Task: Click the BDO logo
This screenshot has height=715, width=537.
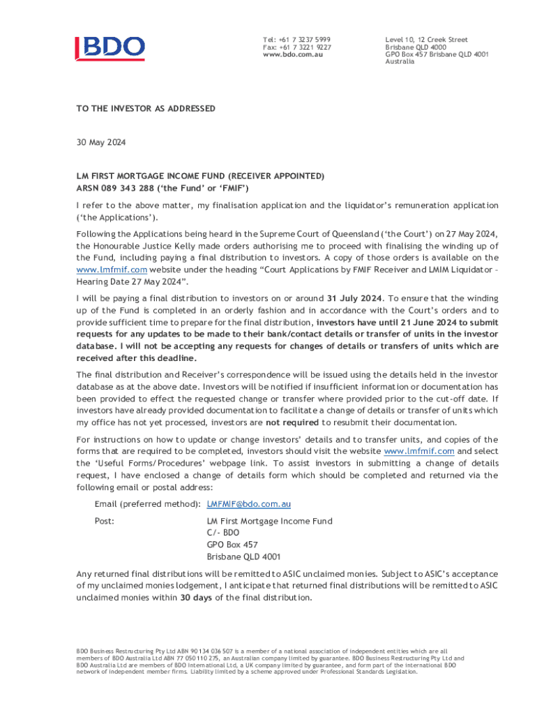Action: [x=110, y=47]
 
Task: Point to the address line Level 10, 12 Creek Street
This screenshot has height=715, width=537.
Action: [x=426, y=40]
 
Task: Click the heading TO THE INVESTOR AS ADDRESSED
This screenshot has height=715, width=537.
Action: [x=146, y=109]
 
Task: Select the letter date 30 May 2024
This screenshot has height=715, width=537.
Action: [x=101, y=142]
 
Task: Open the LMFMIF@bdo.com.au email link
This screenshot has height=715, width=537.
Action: [x=249, y=503]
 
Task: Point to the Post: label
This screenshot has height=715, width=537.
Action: [x=105, y=521]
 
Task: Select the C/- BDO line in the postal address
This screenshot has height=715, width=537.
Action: [x=223, y=533]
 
